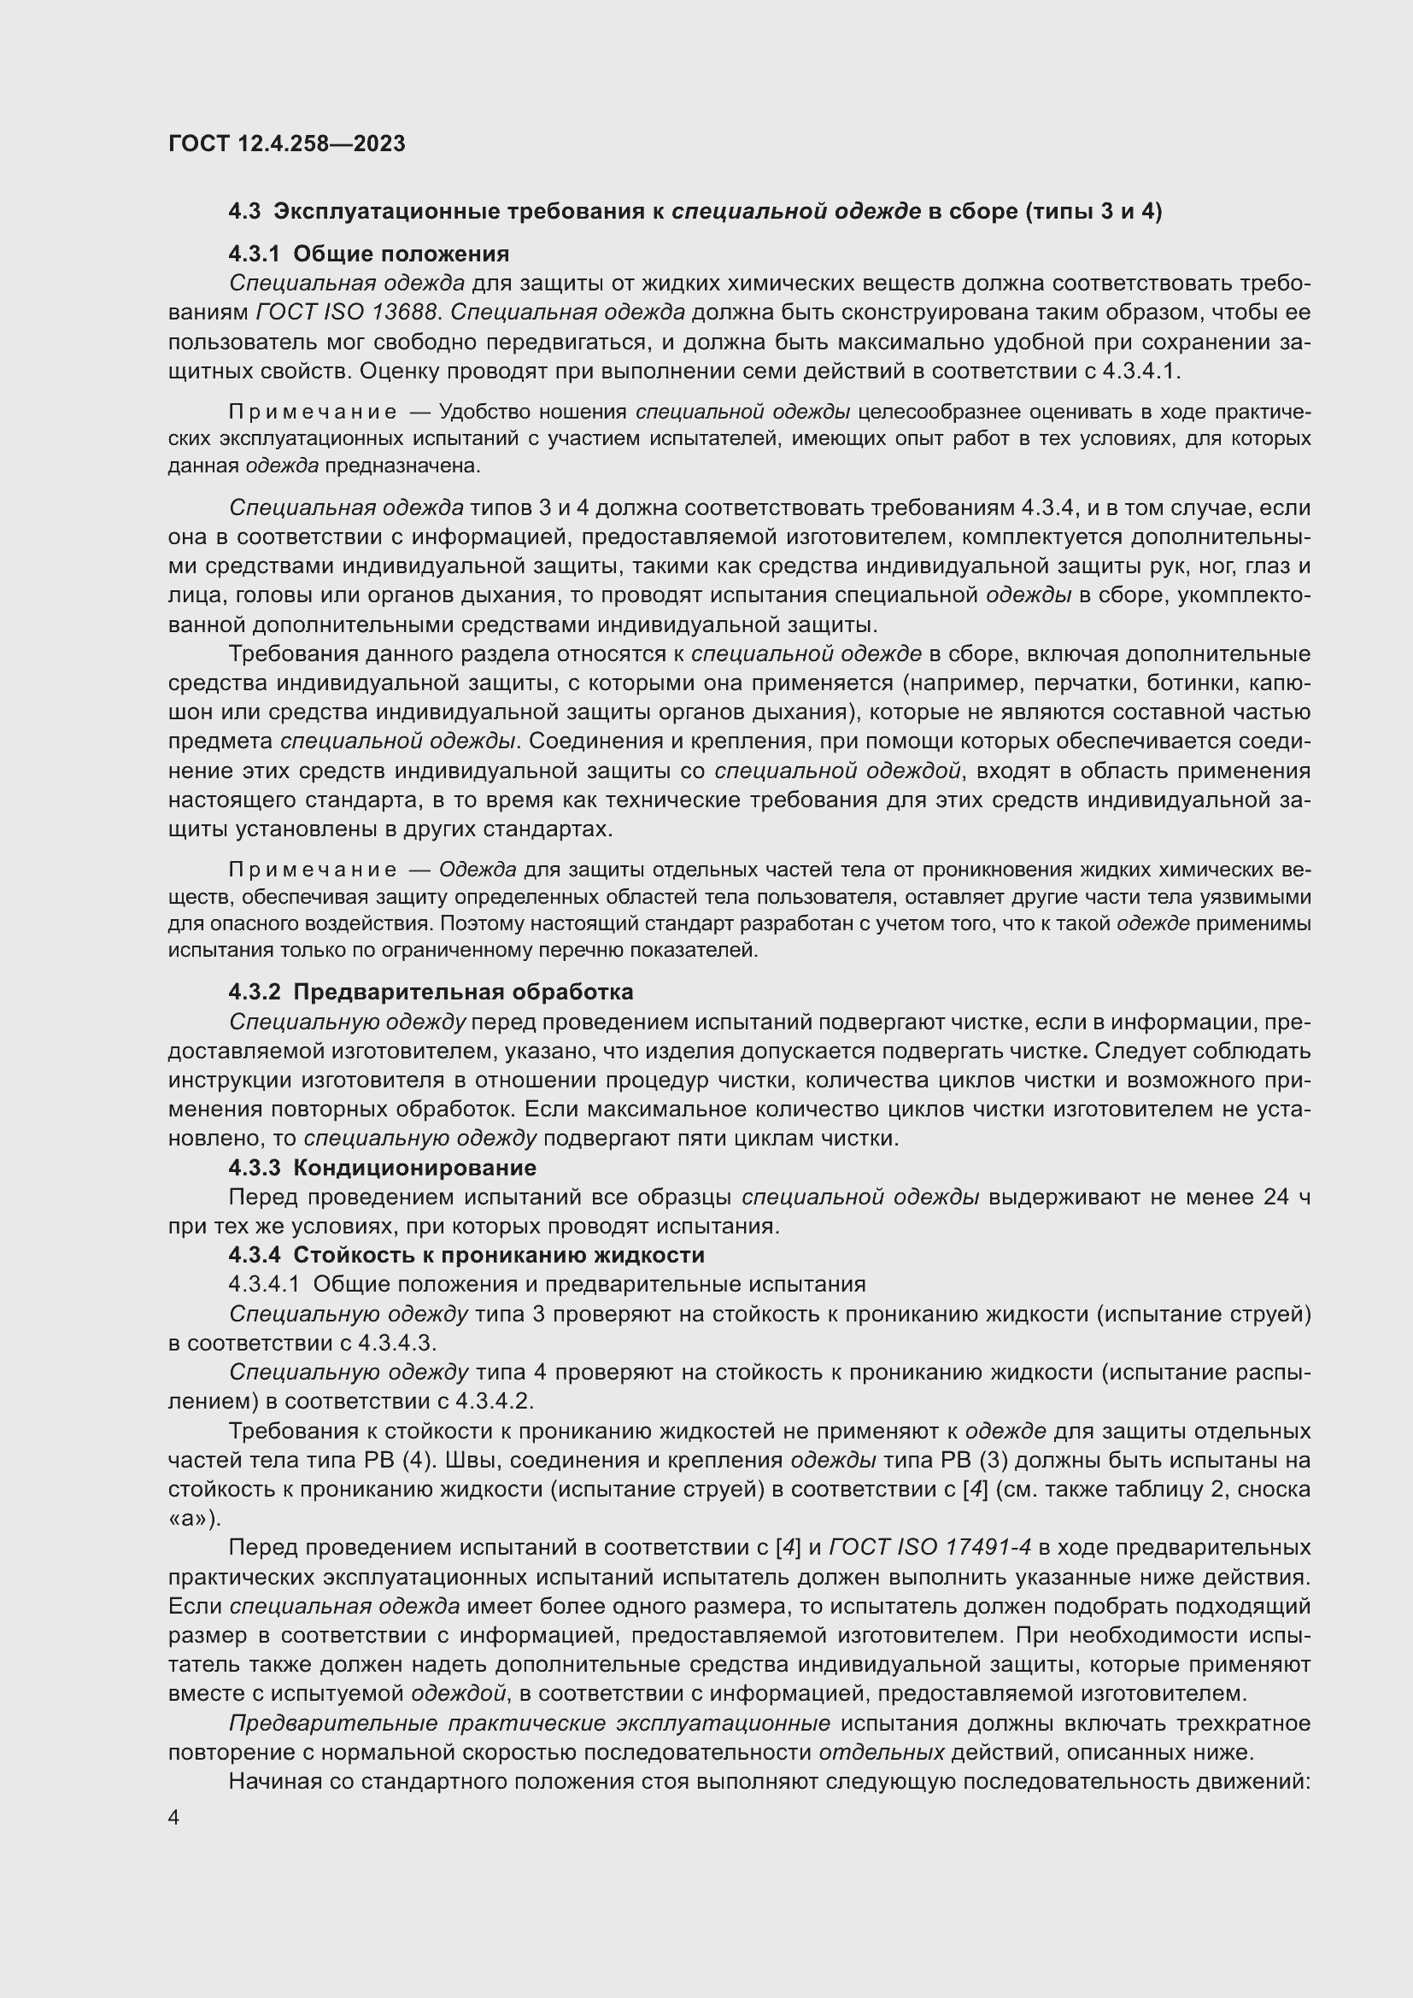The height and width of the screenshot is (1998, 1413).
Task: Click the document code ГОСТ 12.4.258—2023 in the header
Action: click(286, 144)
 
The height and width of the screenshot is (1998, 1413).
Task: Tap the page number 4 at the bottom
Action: click(174, 1818)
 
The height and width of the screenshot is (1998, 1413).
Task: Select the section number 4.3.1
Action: click(254, 254)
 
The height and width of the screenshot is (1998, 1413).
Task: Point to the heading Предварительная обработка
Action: click(463, 992)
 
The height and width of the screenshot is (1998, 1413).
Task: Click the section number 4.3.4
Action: click(254, 1255)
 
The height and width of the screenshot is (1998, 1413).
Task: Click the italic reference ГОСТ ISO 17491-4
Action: click(930, 1547)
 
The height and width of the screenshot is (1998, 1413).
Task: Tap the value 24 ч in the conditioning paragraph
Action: click(1286, 1197)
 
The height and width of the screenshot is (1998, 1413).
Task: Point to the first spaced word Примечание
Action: click(313, 412)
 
